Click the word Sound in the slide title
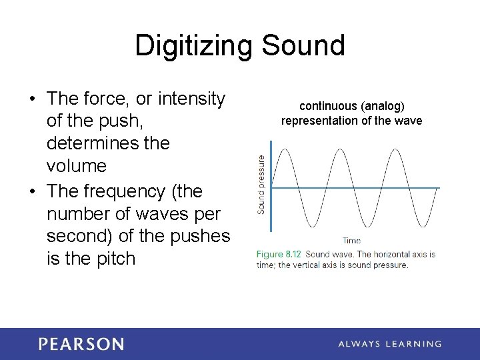[x=303, y=45]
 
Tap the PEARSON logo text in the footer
[x=81, y=344]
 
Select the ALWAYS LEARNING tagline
[x=389, y=344]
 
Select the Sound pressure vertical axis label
[x=261, y=185]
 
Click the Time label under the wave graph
[x=351, y=241]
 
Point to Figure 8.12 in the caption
[x=279, y=254]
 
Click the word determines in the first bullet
[x=93, y=143]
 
